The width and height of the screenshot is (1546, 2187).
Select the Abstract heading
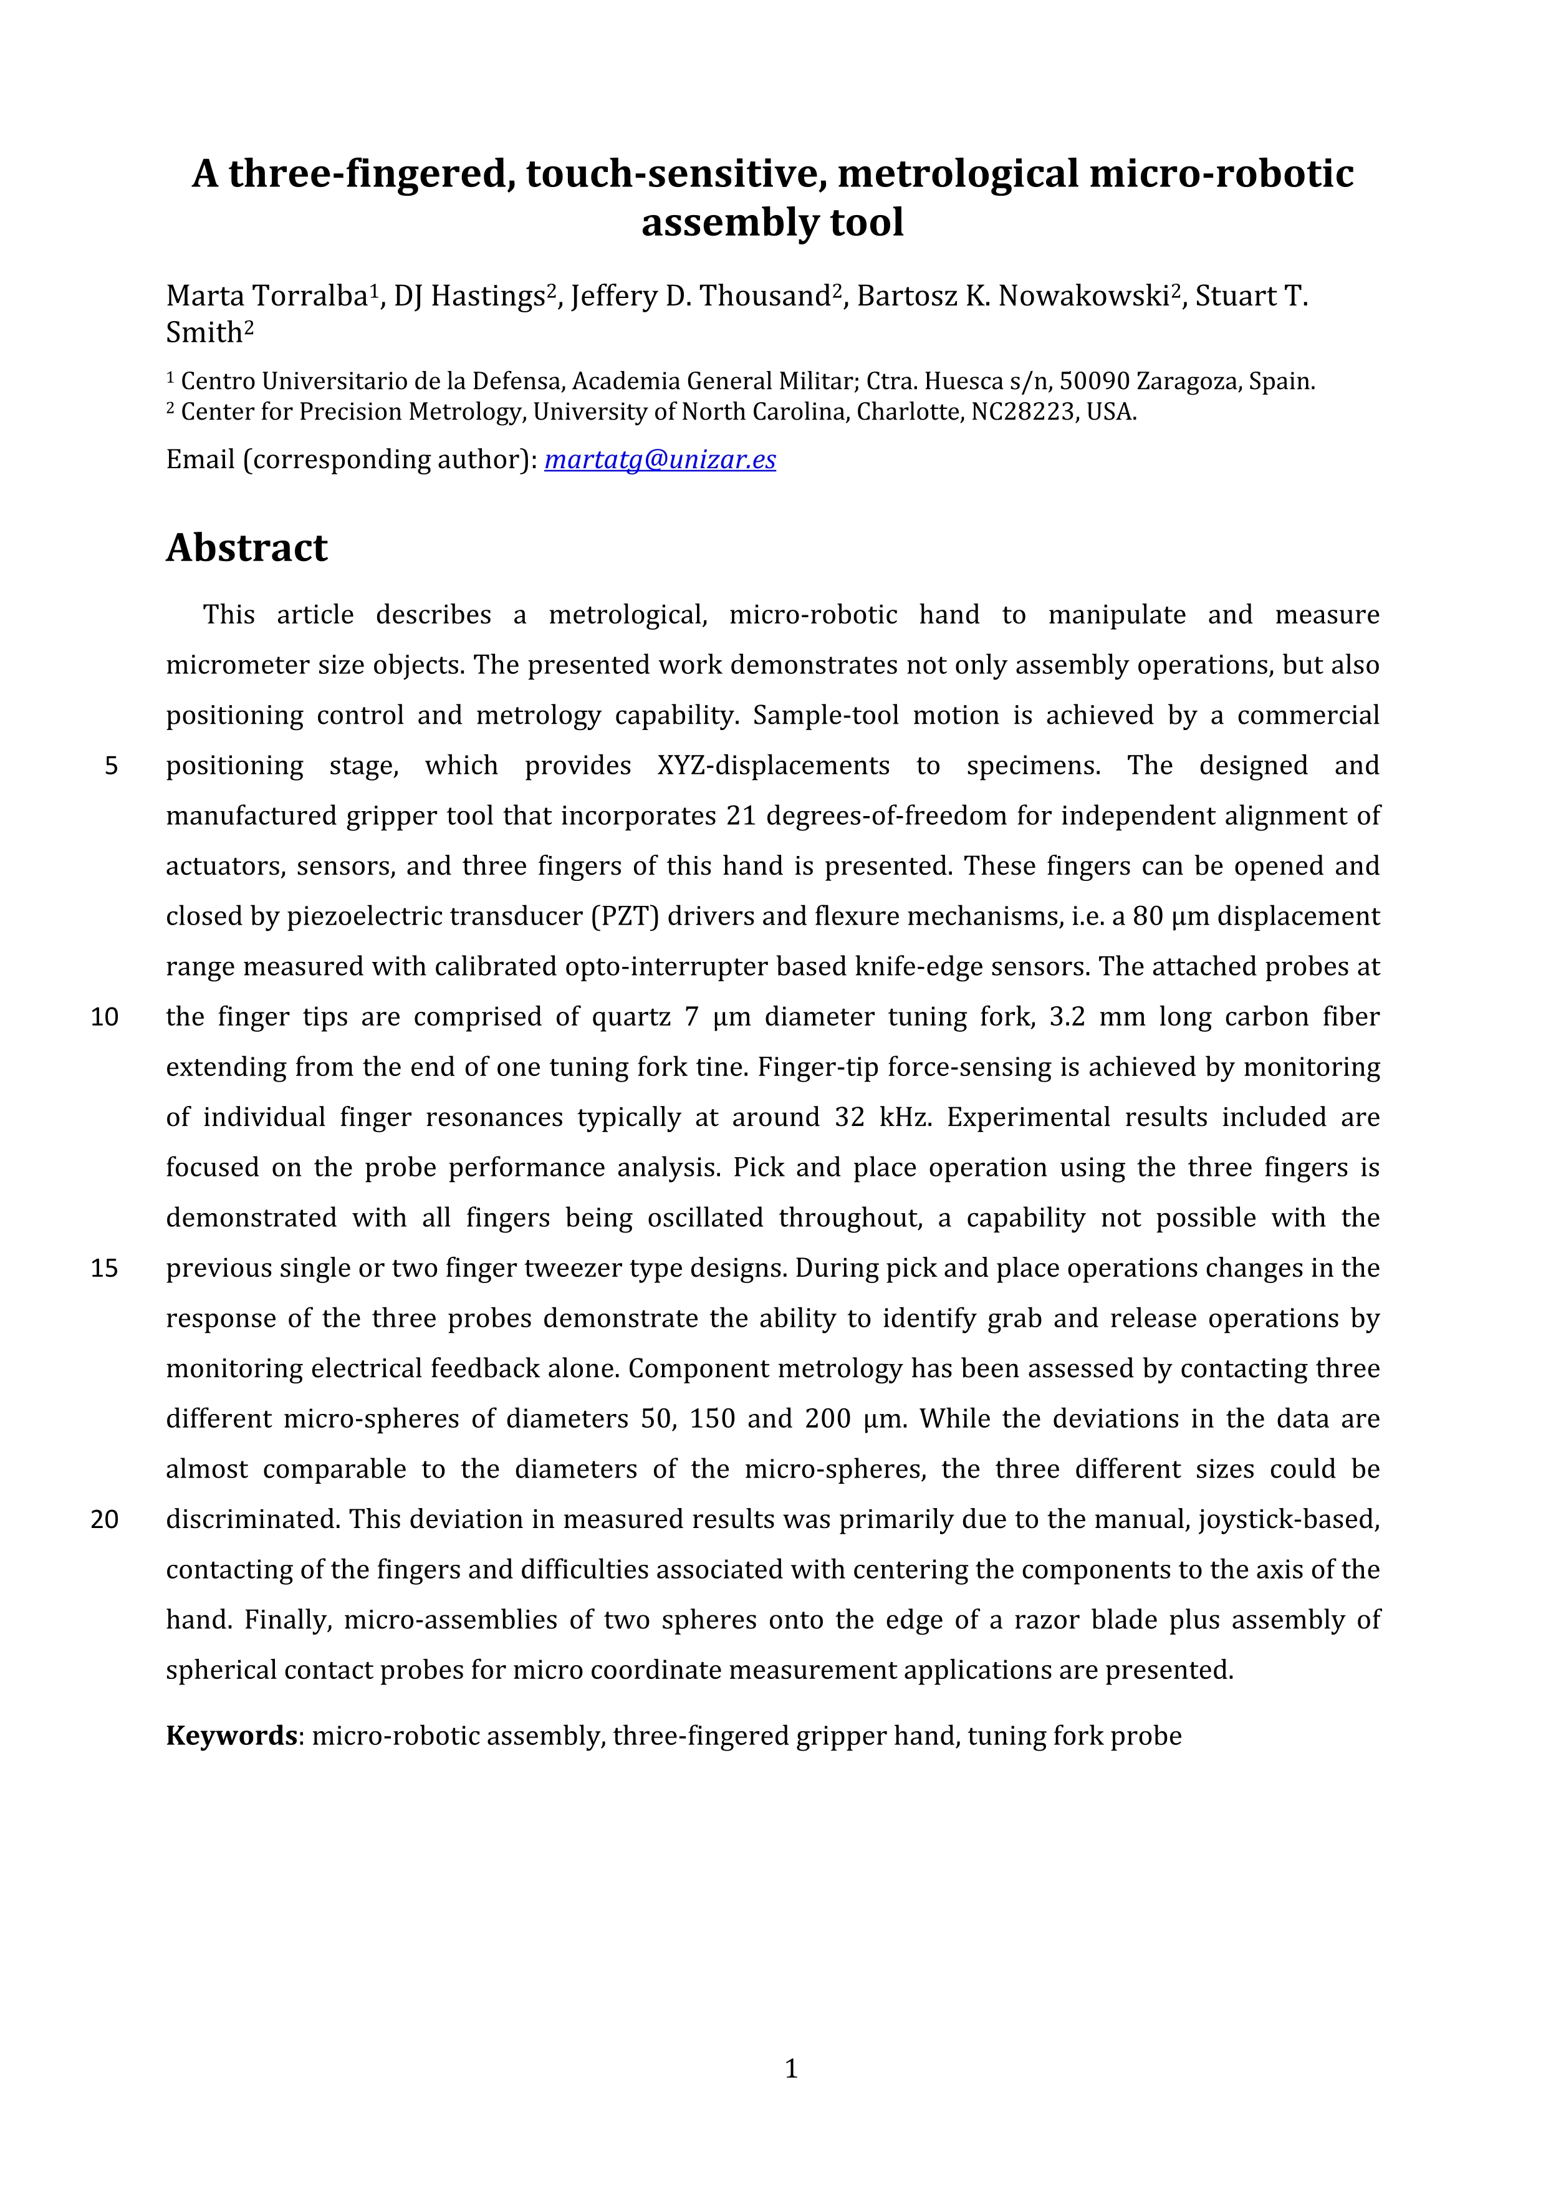point(247,548)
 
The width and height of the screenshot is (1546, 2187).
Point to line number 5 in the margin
point(112,766)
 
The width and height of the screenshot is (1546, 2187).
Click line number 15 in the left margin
point(105,1269)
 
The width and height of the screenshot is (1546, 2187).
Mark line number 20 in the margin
point(105,1519)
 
